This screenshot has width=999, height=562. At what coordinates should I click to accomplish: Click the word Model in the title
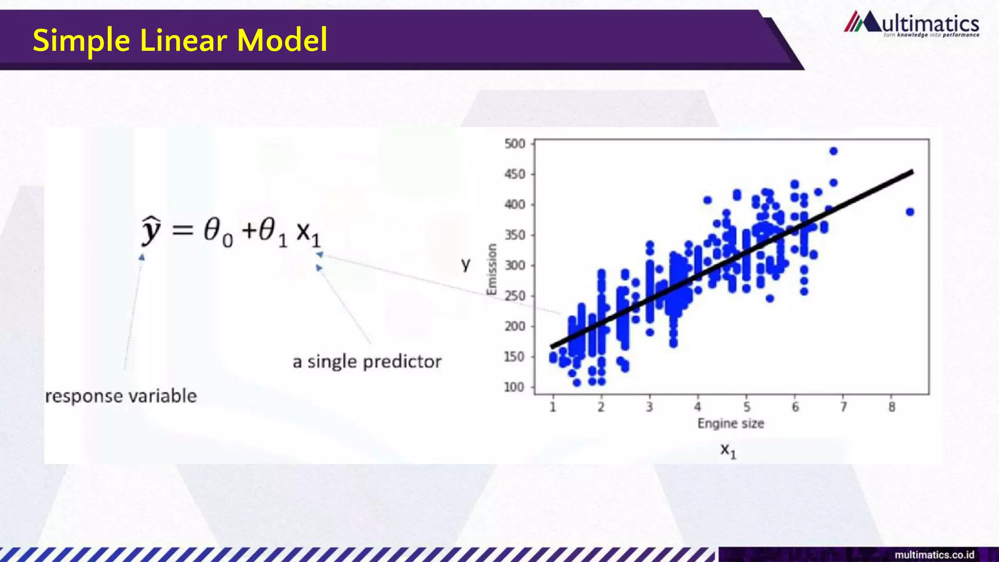click(282, 40)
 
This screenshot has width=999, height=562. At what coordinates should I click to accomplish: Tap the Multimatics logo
click(911, 24)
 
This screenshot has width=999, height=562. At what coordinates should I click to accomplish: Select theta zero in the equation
click(218, 231)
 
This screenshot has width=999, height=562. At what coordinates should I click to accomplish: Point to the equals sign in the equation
click(182, 230)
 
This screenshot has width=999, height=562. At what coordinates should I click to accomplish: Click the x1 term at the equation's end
click(308, 233)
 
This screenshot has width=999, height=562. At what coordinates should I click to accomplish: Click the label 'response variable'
click(121, 396)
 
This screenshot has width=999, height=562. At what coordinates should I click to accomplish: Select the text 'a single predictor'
click(367, 362)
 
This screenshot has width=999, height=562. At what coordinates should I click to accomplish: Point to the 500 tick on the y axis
click(515, 144)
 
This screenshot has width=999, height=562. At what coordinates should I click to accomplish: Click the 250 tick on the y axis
click(515, 296)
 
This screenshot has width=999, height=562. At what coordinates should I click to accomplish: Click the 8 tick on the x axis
click(892, 407)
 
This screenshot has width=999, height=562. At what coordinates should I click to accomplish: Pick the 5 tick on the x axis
click(746, 407)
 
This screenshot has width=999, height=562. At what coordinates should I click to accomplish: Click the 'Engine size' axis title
click(730, 423)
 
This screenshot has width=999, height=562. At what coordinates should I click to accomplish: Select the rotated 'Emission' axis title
click(492, 269)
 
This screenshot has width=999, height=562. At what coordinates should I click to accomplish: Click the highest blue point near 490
click(834, 151)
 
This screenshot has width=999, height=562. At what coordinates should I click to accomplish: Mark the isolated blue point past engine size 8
click(910, 212)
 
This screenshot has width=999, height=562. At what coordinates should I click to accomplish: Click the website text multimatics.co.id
click(934, 555)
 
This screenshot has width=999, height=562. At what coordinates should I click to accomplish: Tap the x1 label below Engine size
click(728, 450)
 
